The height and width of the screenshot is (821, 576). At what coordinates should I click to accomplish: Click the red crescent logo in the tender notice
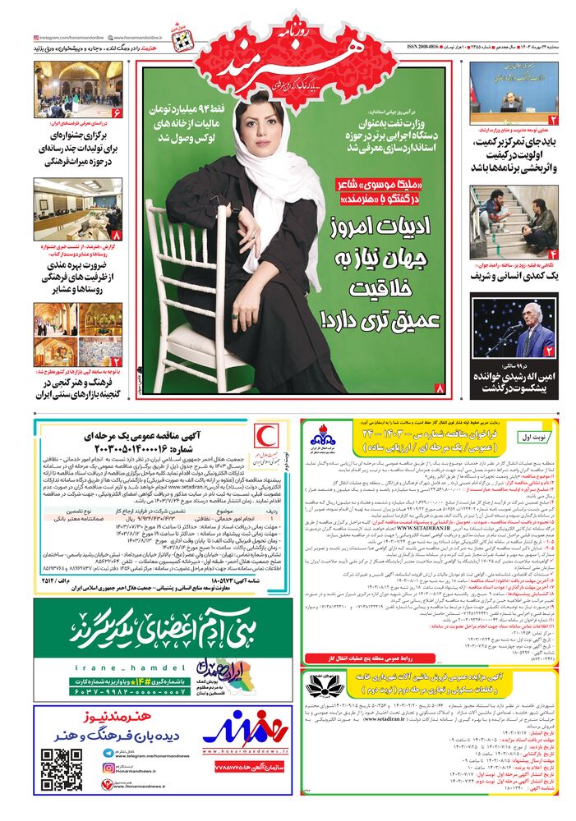click(263, 436)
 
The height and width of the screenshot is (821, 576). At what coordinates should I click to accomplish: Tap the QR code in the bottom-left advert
click(62, 769)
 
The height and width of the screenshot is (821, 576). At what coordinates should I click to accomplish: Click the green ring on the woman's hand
click(233, 315)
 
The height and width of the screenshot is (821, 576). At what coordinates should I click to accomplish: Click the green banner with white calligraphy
click(140, 628)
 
